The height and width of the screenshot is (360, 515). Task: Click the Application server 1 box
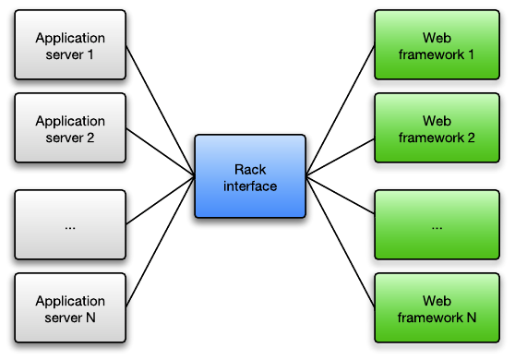click(x=70, y=46)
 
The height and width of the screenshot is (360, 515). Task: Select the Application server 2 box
click(x=70, y=129)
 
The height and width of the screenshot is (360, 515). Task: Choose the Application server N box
click(x=70, y=309)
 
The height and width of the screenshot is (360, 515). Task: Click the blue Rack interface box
click(x=249, y=176)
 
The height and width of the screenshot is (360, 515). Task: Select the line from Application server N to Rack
click(x=159, y=242)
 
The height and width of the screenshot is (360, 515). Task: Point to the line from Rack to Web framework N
click(x=340, y=242)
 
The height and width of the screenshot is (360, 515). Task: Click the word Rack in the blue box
click(x=250, y=169)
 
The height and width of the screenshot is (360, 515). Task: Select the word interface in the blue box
click(x=250, y=186)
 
